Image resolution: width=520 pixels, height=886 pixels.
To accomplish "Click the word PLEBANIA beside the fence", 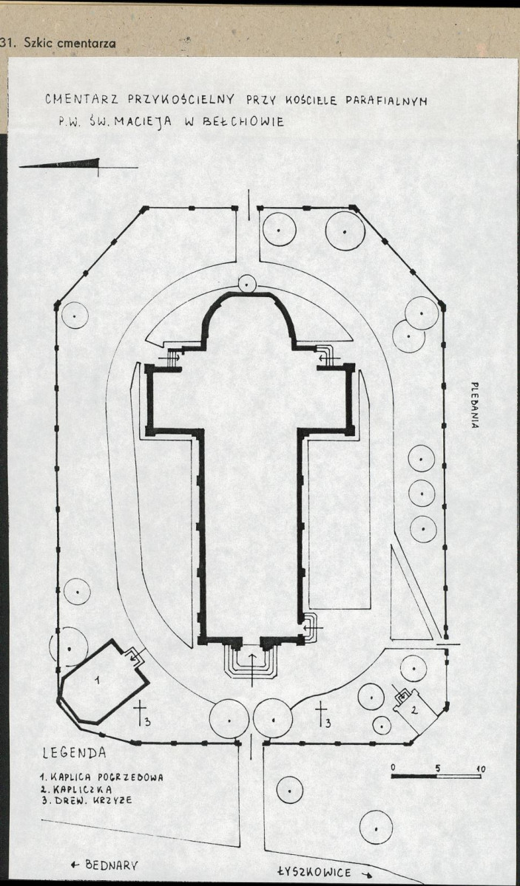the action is (476, 406).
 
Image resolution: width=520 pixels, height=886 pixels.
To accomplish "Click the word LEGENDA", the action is (74, 753).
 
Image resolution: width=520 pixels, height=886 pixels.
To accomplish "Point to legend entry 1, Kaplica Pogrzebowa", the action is (102, 777).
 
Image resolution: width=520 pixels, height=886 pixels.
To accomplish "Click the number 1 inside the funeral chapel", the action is (97, 680).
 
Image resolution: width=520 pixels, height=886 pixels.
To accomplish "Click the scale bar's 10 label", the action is (480, 769).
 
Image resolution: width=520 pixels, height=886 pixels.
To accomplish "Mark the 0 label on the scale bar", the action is (394, 767).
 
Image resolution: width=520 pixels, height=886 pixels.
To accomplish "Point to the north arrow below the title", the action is (78, 166).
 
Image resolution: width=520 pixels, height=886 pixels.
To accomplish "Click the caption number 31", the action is (7, 44).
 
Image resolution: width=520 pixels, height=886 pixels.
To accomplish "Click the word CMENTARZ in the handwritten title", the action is (82, 100).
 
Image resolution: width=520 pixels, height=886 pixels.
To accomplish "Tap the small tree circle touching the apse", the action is (247, 283).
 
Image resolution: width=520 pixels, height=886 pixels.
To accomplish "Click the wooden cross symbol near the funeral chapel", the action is (140, 713).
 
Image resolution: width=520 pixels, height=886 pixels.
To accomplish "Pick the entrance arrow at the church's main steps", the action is (252, 669).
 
